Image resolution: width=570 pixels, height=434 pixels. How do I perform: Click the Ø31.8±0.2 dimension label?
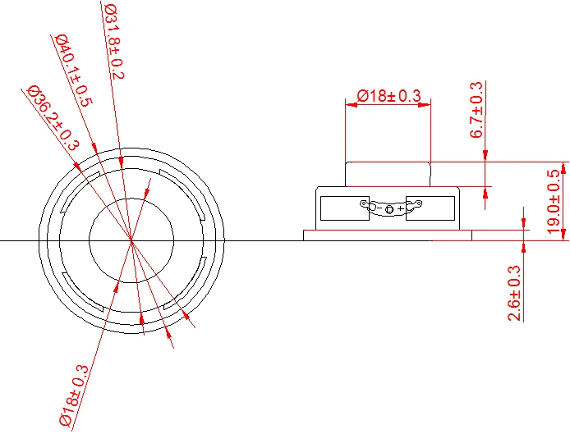[114, 41]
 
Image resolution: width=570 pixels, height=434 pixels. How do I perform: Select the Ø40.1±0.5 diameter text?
[74, 71]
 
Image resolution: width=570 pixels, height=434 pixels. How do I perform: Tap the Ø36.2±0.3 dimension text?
[53, 117]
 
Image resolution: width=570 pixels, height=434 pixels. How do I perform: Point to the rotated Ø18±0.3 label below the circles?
[74, 395]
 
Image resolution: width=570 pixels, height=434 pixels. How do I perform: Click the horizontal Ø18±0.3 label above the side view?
[388, 96]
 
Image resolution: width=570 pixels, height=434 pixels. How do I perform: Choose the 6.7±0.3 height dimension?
[476, 110]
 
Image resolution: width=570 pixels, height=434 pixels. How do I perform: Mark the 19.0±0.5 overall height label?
[554, 201]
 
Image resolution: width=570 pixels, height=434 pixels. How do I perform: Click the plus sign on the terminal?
[400, 209]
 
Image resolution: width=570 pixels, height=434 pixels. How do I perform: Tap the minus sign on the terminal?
[379, 208]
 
